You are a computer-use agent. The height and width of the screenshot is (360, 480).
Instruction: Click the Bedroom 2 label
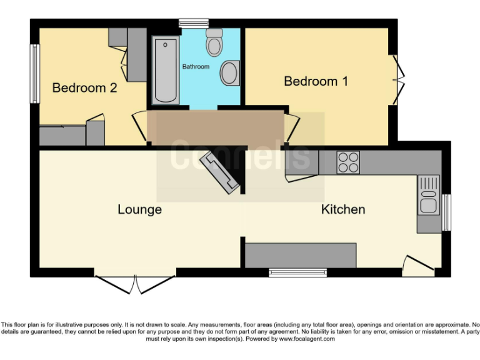[84, 87]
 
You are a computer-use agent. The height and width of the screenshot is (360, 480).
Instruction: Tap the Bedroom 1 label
[316, 81]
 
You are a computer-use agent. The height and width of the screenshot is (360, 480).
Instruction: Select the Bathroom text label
[196, 66]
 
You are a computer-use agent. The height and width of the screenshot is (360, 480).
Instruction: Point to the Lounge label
[139, 209]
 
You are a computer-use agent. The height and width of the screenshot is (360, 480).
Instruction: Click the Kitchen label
[342, 209]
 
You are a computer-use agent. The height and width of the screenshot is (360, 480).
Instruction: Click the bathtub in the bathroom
[165, 70]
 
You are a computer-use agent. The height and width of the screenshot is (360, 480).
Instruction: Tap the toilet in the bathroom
[214, 42]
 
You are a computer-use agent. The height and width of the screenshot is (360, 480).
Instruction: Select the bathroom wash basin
[229, 73]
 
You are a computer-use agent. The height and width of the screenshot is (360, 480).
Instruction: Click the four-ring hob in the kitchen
[348, 162]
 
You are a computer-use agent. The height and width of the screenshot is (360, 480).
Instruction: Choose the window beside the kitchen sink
[446, 212]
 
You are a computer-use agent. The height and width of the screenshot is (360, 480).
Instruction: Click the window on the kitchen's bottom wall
[297, 272]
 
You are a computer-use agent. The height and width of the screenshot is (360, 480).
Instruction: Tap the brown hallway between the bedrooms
[216, 128]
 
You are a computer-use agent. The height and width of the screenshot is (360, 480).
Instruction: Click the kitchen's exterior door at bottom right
[417, 267]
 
